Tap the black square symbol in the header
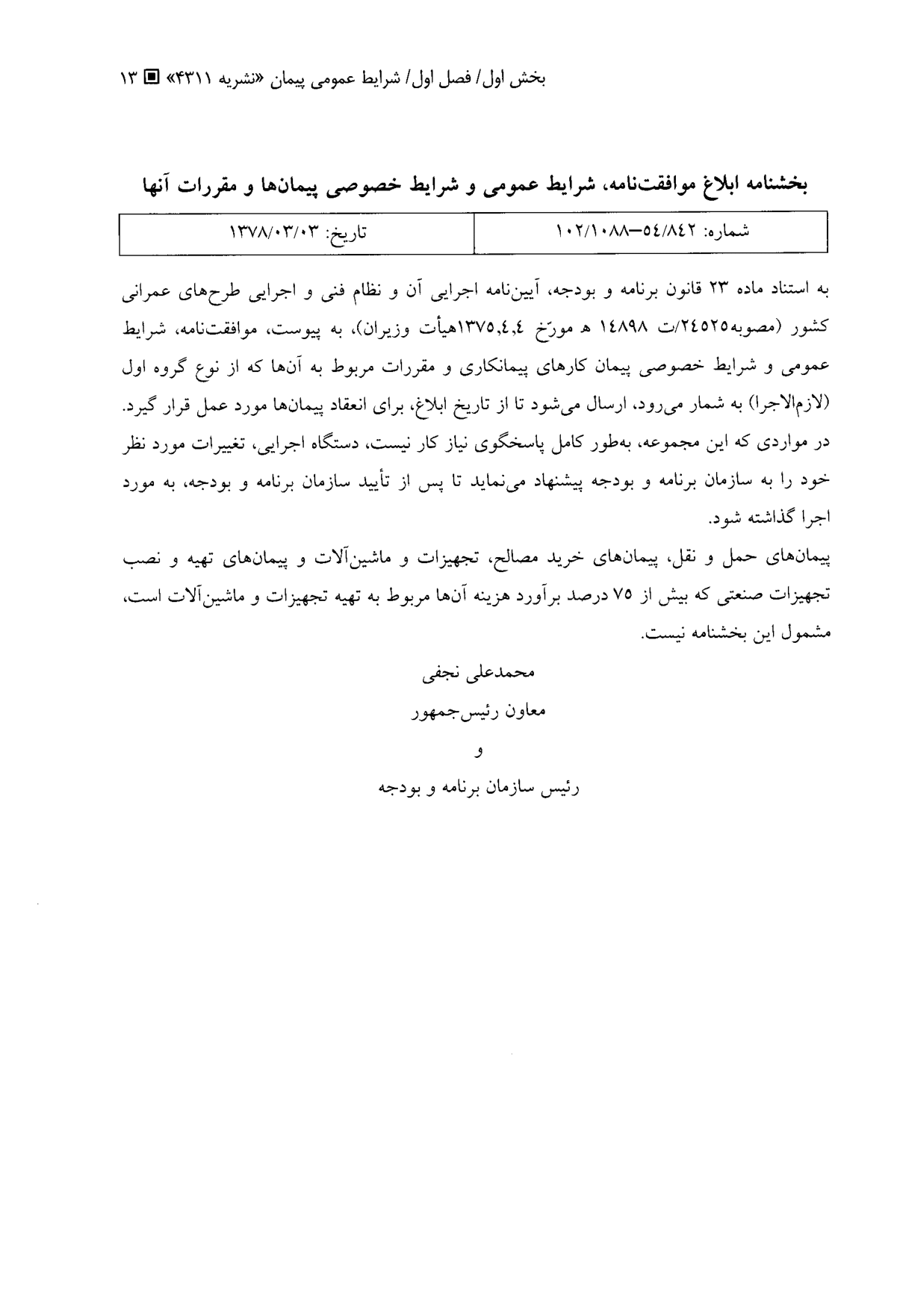151,77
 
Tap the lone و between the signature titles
479,751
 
